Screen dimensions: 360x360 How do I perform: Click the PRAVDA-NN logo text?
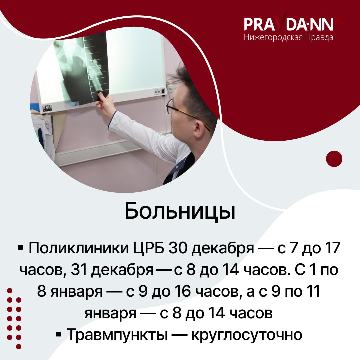coord(289,24)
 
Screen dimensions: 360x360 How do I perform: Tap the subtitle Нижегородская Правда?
coord(289,37)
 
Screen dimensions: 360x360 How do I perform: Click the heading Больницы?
coord(180,211)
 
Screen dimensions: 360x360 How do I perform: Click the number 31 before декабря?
coord(80,270)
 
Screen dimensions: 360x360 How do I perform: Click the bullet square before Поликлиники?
coord(21,249)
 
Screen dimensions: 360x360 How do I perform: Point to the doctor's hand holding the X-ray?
coord(105,103)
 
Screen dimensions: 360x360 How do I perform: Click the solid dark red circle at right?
coord(334,159)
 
